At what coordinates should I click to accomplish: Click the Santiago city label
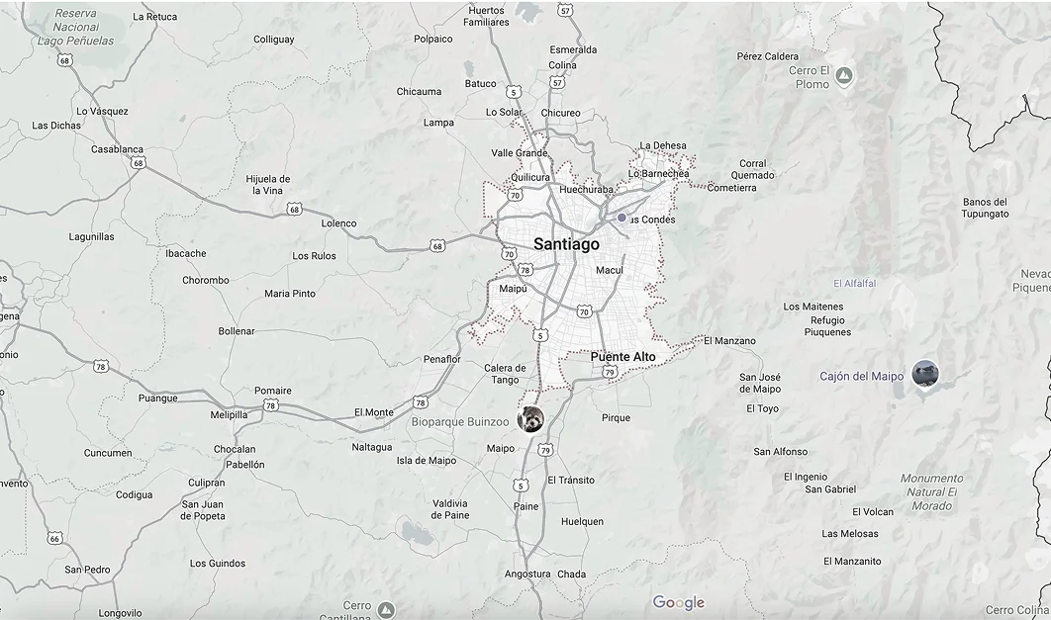pos(566,244)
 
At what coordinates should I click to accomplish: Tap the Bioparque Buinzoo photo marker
pos(531,418)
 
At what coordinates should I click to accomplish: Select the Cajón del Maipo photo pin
pos(925,375)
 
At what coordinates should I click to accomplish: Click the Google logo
pos(679,602)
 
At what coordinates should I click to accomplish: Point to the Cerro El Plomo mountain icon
pos(843,75)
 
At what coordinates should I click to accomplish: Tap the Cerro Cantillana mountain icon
pos(387,610)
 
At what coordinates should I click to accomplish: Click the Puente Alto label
pos(622,356)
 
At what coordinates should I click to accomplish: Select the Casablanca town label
pos(117,149)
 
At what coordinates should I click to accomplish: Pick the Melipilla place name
pos(229,414)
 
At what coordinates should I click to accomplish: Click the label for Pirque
pos(616,417)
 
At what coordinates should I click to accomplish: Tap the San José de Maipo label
pos(760,383)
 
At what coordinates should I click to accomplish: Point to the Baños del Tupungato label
pos(985,208)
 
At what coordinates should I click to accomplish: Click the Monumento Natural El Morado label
pos(930,491)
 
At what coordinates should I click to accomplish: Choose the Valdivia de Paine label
pos(450,508)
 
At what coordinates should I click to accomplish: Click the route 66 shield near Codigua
pos(54,539)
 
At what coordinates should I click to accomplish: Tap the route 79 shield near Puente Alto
pos(610,373)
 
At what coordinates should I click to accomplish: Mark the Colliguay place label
pos(273,40)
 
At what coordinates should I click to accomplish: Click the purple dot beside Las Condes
pos(621,218)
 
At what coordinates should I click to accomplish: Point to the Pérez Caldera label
pos(767,56)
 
